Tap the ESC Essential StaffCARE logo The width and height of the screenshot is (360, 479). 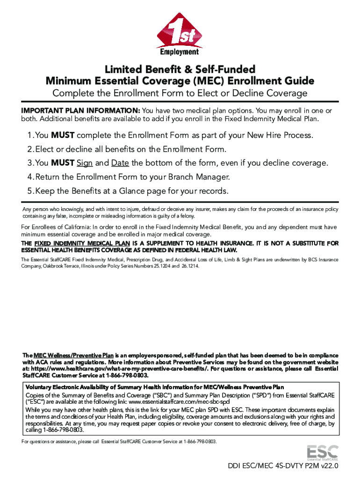[322, 452]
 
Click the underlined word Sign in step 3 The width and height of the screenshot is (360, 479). [85, 163]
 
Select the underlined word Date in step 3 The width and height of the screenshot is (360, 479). [120, 163]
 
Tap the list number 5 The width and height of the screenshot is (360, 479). [29, 191]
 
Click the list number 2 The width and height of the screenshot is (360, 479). [29, 149]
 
